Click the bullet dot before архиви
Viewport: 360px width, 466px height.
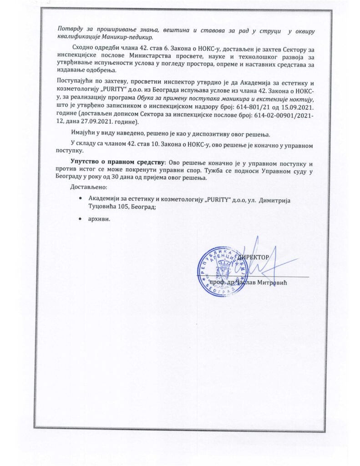click(80, 218)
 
